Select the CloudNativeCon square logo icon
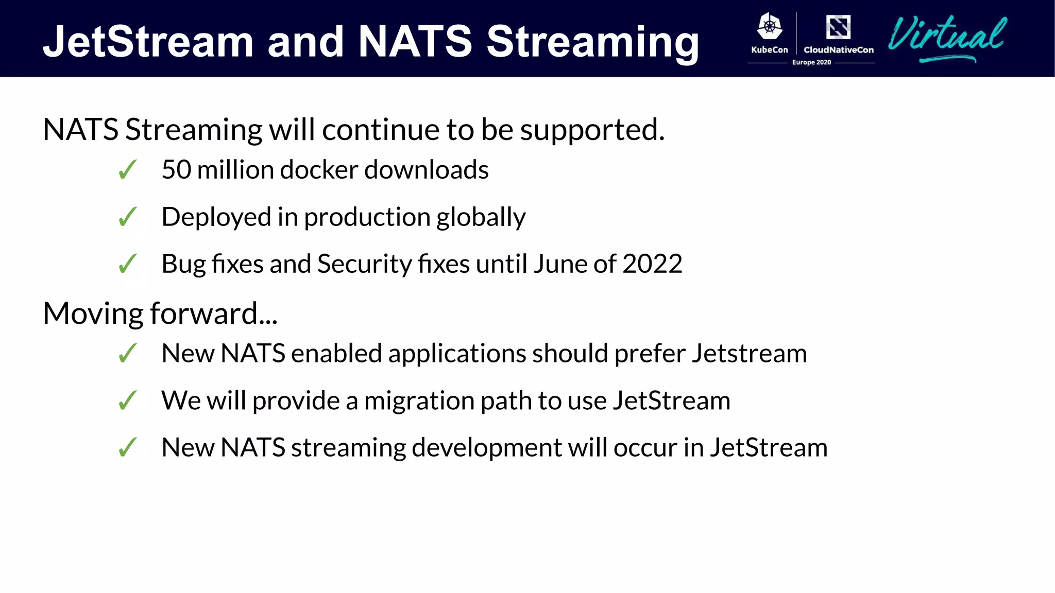click(x=838, y=27)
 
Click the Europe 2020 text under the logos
click(x=811, y=62)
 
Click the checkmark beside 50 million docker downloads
click(x=127, y=170)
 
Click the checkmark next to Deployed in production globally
click(x=127, y=217)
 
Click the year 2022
click(x=652, y=264)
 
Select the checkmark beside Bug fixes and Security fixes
click(x=127, y=264)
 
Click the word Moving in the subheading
click(x=93, y=313)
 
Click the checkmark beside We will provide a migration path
click(x=127, y=400)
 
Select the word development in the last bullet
click(x=486, y=448)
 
